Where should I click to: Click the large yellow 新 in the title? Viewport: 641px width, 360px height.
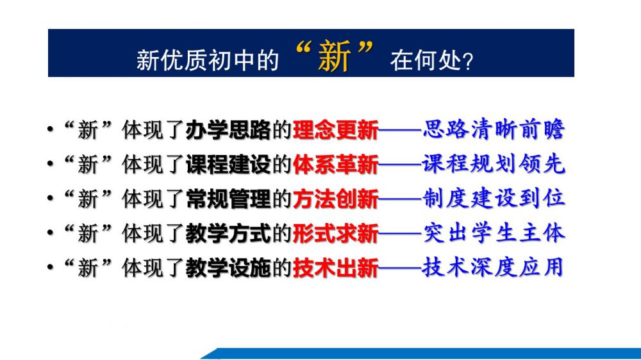(334, 56)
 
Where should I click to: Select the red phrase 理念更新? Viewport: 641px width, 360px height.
(336, 130)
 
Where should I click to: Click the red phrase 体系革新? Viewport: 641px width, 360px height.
(336, 164)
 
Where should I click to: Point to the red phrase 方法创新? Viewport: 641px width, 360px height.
(336, 199)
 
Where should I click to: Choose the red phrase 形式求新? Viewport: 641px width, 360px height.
(336, 233)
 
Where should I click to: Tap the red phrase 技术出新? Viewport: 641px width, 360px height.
(336, 268)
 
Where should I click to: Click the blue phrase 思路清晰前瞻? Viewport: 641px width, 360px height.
(494, 129)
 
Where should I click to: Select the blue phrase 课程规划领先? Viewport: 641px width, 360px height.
(494, 163)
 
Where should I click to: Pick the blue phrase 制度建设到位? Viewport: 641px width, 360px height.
(494, 198)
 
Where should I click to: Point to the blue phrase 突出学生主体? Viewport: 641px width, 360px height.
(494, 233)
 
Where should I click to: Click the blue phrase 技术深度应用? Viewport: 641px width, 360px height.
(493, 267)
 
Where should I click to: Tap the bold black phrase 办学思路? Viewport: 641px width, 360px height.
(228, 130)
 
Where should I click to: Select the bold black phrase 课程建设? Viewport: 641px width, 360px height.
(228, 164)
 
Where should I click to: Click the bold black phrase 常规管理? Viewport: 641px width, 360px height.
(228, 199)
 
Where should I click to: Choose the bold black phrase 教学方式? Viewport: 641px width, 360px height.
(228, 233)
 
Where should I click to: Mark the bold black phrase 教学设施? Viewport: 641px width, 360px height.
(228, 268)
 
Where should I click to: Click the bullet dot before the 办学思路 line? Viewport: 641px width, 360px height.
(50, 129)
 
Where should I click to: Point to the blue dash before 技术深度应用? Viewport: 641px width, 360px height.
(400, 268)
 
